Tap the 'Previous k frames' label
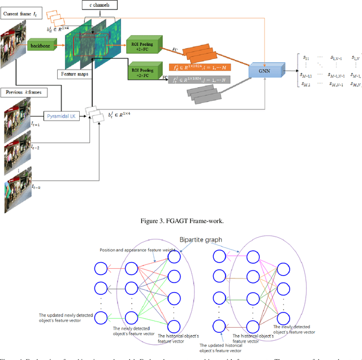click(24, 92)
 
